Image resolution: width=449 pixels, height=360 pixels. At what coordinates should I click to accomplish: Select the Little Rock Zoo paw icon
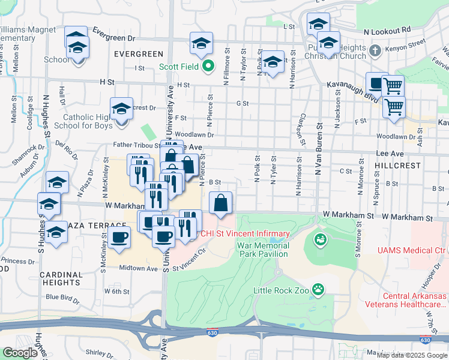point(319,290)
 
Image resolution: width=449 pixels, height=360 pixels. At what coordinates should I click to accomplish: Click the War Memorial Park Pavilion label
point(263,250)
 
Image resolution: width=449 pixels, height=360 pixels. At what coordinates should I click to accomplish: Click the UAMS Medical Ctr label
point(412,250)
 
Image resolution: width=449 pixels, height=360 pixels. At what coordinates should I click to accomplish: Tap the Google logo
point(20,352)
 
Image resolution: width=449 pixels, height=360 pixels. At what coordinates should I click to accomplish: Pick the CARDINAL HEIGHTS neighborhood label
point(61,278)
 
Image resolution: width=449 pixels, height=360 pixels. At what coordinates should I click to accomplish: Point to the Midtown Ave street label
point(138,268)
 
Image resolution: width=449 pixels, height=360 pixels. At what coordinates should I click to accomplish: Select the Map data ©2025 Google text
point(412,355)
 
